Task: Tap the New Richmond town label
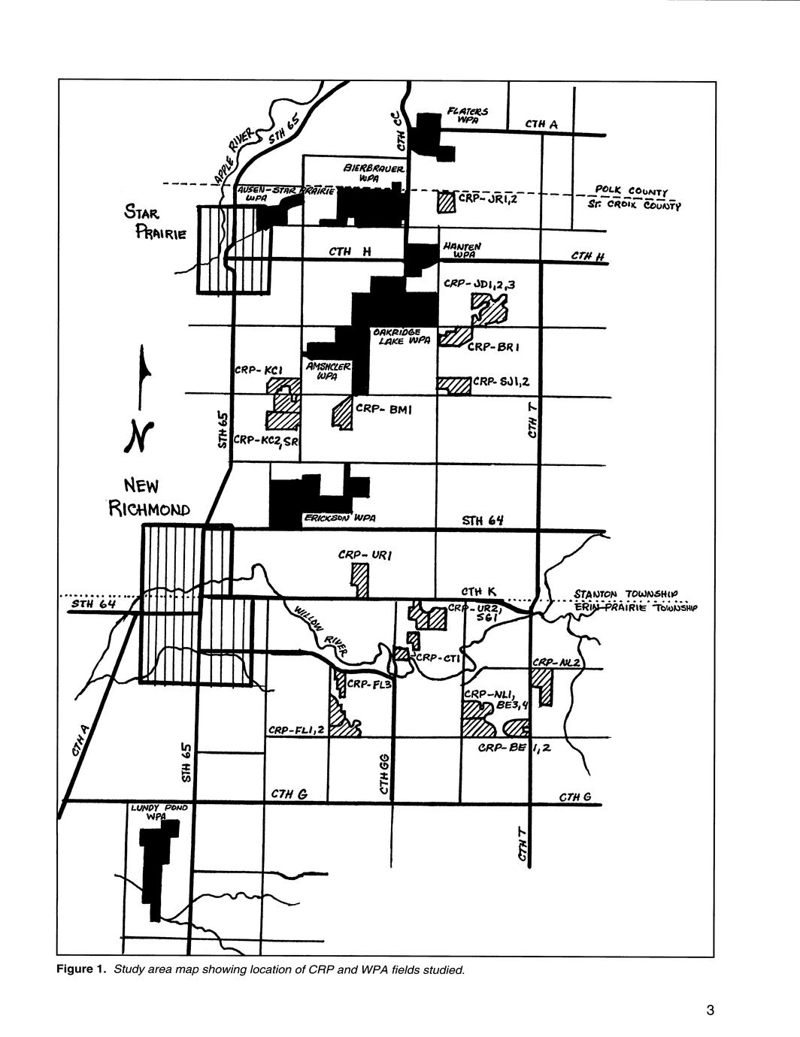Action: [149, 497]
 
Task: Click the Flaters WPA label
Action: [467, 116]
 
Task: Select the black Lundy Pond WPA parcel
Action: [158, 864]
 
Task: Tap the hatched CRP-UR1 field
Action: [361, 580]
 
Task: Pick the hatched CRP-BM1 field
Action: [342, 413]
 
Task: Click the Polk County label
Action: [635, 190]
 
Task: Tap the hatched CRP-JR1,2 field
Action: [447, 202]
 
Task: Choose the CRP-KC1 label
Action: [258, 370]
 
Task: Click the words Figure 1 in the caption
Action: [82, 969]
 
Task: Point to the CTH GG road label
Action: [384, 775]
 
